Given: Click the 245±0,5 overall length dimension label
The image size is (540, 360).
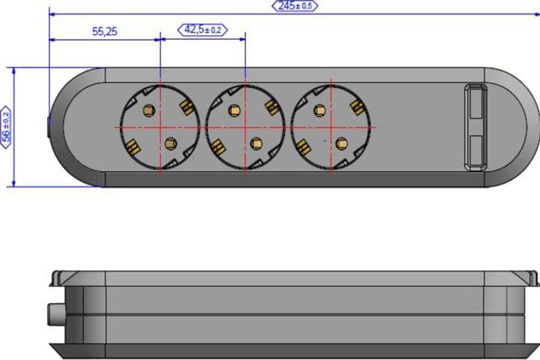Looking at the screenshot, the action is [295, 6].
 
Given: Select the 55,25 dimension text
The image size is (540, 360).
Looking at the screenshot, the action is [105, 31].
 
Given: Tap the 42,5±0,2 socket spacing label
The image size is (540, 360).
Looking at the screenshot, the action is [202, 30].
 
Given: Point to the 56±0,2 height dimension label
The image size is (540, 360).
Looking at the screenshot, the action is [6, 127].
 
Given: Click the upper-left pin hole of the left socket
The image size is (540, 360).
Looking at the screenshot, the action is [148, 110].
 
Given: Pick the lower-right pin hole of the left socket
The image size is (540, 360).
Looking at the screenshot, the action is [170, 143].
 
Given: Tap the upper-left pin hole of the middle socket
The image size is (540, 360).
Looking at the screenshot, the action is [234, 110].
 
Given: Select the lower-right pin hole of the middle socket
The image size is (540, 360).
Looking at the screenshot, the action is [256, 143].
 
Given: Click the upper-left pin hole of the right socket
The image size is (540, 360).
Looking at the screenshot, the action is [319, 110].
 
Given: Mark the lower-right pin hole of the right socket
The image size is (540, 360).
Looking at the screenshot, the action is [341, 143].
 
